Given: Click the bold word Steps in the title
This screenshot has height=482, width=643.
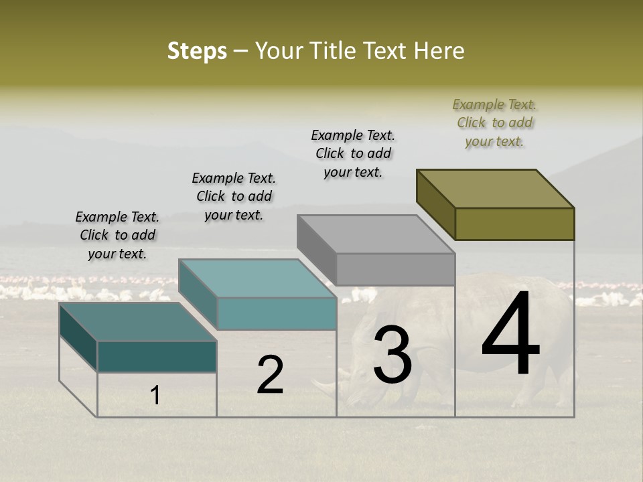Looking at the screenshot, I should pyautogui.click(x=197, y=51).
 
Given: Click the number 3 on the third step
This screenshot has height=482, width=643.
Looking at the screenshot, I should pyautogui.click(x=392, y=354).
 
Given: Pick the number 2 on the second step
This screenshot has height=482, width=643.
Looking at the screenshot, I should pyautogui.click(x=270, y=375).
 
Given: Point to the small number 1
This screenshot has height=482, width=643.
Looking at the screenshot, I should pyautogui.click(x=155, y=396).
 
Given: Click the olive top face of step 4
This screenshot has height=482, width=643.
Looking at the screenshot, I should pyautogui.click(x=496, y=189).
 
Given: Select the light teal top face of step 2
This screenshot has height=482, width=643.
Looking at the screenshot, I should pyautogui.click(x=258, y=278).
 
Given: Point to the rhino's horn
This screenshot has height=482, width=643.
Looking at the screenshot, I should pyautogui.click(x=326, y=388).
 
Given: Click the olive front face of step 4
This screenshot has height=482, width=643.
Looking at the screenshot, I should pyautogui.click(x=514, y=224).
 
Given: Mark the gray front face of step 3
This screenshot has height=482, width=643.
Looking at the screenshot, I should pyautogui.click(x=395, y=269).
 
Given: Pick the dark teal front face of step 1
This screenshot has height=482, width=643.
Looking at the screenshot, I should pyautogui.click(x=157, y=356).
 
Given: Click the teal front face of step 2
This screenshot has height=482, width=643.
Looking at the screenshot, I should pyautogui.click(x=277, y=313).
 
